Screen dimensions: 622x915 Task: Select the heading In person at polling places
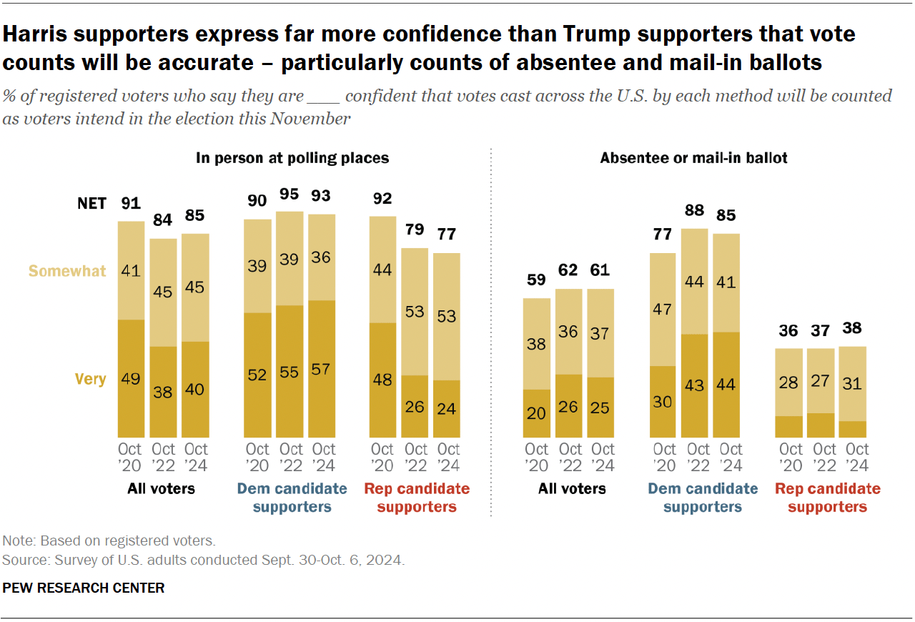pyautogui.click(x=292, y=158)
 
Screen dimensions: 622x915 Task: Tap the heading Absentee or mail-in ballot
pyautogui.click(x=693, y=158)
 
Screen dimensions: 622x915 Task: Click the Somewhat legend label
pyautogui.click(x=67, y=271)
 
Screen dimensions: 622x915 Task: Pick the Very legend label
pyautogui.click(x=90, y=379)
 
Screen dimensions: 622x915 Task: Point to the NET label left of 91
pyautogui.click(x=91, y=204)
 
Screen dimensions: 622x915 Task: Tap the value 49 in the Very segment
pyautogui.click(x=131, y=379)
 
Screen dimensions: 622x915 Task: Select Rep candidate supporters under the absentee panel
pyautogui.click(x=828, y=498)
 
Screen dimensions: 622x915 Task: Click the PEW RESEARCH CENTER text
pyautogui.click(x=84, y=588)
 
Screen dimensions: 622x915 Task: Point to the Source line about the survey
pyautogui.click(x=204, y=560)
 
